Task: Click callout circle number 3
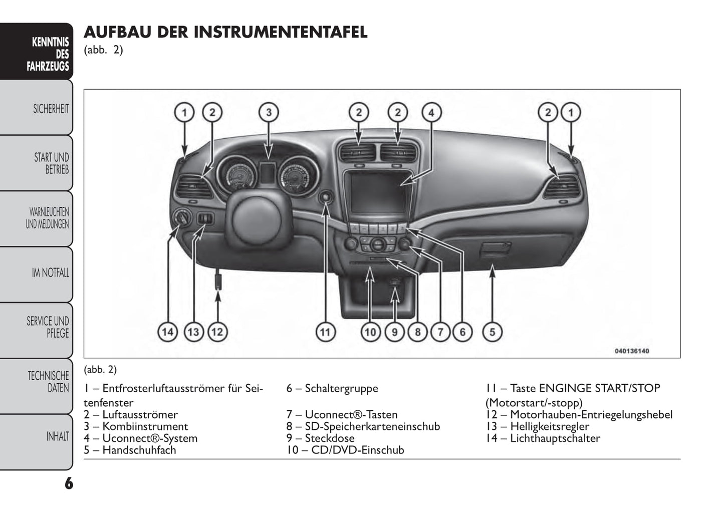[269, 112]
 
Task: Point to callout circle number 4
[431, 112]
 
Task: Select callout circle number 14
[168, 332]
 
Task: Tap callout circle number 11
[326, 332]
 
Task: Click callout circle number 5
[492, 332]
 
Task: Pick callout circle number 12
[217, 332]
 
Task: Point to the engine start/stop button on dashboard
[326, 197]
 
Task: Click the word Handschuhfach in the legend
[139, 450]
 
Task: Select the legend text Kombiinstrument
[145, 426]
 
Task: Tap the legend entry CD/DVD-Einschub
[357, 450]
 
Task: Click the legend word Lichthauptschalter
[555, 438]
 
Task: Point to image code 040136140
[631, 351]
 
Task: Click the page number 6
[69, 483]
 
